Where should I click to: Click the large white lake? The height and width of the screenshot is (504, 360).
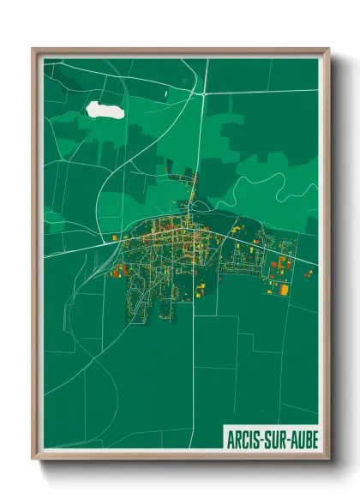[x=105, y=110]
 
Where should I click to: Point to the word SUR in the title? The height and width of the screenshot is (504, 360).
[x=277, y=439]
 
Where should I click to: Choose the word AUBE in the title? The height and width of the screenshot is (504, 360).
[x=303, y=439]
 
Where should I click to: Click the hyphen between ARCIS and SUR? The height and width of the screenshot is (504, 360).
[x=262, y=440]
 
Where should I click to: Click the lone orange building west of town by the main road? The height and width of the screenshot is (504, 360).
[x=116, y=235]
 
